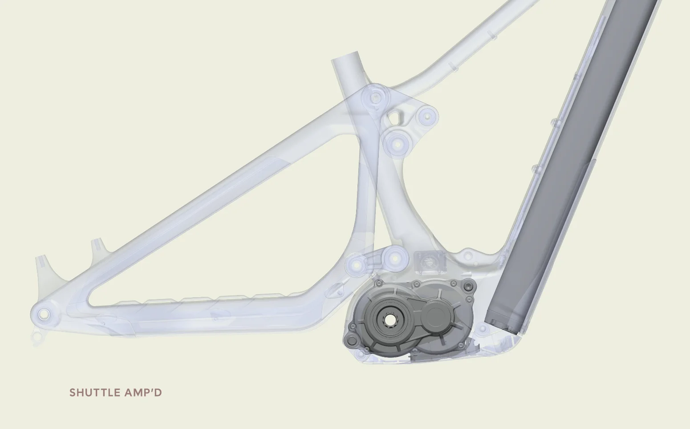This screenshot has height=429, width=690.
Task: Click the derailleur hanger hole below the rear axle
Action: tap(37, 335)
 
